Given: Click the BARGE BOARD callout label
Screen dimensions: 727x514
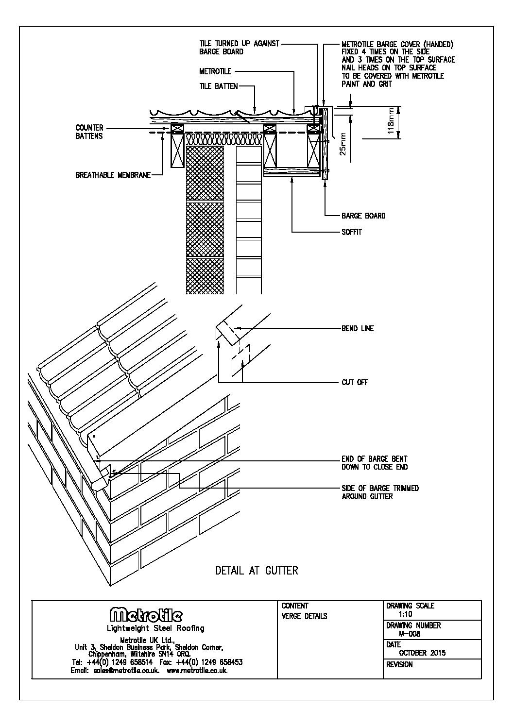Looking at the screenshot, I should [363, 216].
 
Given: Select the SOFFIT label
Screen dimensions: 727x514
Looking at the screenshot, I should [352, 232].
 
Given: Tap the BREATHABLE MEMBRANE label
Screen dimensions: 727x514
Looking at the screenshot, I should [112, 175].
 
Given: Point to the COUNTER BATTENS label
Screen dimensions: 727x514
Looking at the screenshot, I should [89, 132].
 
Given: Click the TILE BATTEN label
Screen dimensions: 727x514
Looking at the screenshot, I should [219, 86].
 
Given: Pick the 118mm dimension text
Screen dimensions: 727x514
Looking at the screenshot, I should [391, 123].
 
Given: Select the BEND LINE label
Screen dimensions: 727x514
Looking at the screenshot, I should [358, 329].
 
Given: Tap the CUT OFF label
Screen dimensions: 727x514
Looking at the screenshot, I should [355, 382].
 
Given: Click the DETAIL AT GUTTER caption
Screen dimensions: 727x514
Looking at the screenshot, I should [257, 570].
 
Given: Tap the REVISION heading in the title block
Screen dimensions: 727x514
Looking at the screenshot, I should [399, 664].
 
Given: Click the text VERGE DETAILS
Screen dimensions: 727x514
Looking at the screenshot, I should [305, 616].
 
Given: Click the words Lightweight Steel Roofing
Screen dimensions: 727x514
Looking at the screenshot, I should [155, 628].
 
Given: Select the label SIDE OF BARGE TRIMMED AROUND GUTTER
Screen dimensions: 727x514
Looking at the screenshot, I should [380, 492].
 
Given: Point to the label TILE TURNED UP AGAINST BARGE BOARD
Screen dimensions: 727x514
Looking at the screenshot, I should [239, 47].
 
